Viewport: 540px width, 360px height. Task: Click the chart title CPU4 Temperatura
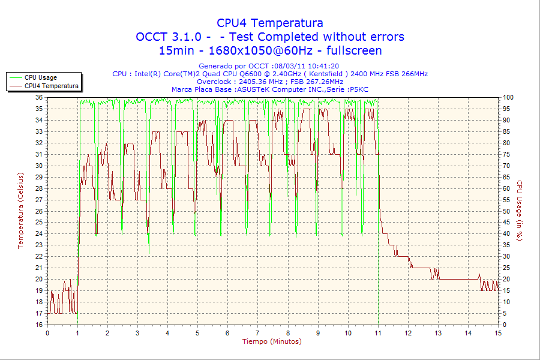pos(270,23)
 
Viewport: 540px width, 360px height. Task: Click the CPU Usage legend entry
pos(40,77)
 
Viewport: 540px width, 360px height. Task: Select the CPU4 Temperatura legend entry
pos(51,86)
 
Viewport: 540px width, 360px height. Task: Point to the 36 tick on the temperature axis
pos(39,97)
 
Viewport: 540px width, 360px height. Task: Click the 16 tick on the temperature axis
pos(39,325)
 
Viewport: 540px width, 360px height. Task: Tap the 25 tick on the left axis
pos(39,223)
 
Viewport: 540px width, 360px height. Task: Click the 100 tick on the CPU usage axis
pos(508,97)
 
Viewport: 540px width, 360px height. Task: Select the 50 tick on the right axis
pos(506,211)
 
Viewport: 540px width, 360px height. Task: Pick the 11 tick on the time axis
pos(378,332)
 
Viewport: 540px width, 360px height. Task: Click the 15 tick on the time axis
pos(498,332)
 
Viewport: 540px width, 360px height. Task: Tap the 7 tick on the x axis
pos(257,332)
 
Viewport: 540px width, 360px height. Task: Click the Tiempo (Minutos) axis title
pos(272,341)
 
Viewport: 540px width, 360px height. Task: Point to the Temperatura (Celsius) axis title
pos(20,211)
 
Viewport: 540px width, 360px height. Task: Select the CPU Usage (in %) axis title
pos(520,211)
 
